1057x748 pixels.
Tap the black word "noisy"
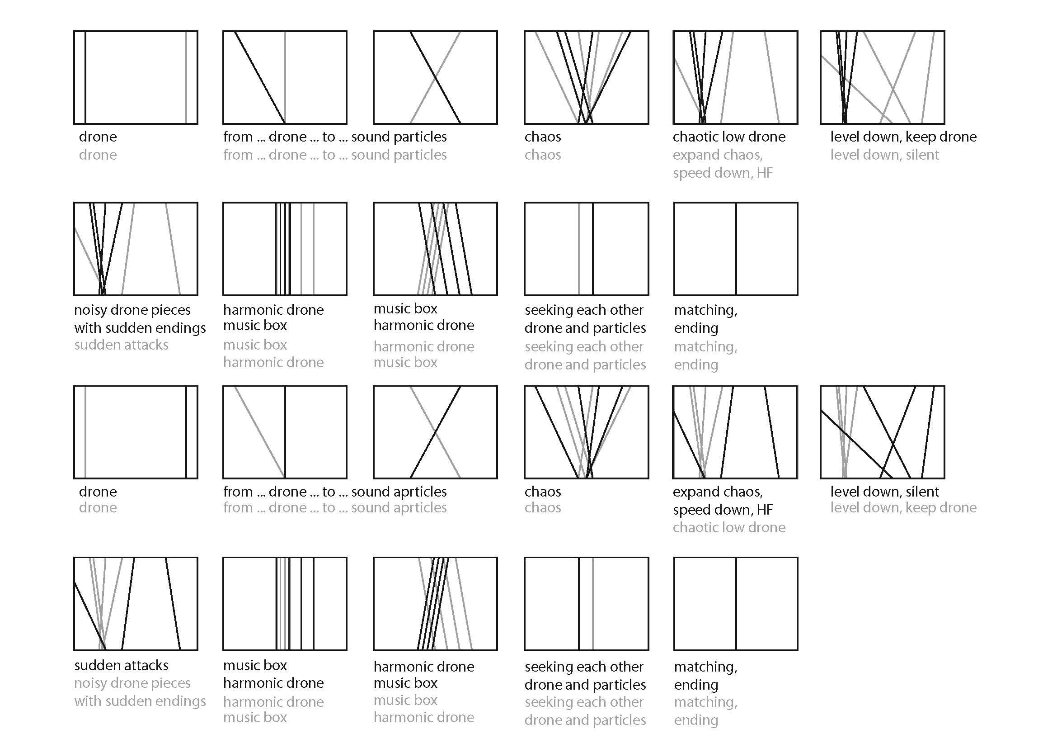click(x=91, y=310)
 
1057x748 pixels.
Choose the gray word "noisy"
click(x=91, y=683)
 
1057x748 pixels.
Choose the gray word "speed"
click(x=689, y=174)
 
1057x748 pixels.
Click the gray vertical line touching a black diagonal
click(x=285, y=77)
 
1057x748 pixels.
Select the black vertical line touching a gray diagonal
click(x=285, y=432)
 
